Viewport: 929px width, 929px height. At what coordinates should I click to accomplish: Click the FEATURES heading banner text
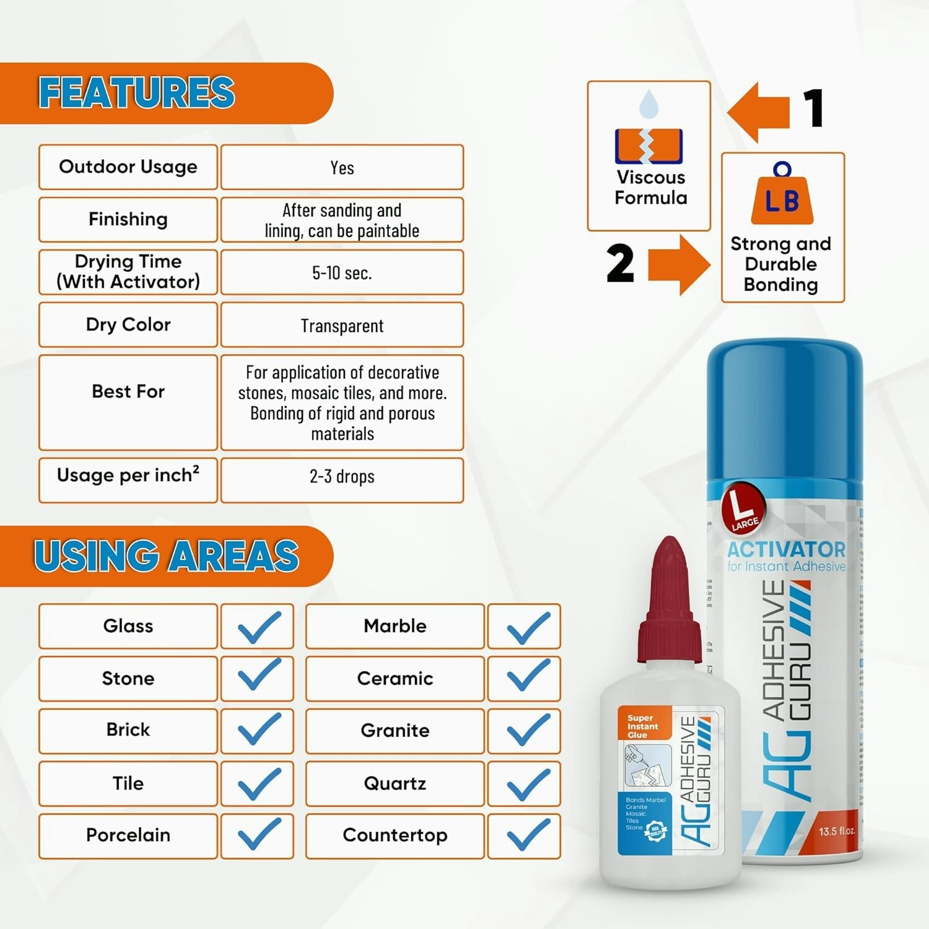[137, 92]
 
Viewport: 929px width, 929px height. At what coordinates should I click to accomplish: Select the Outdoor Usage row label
[128, 167]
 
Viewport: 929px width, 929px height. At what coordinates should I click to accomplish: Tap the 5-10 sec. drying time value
[342, 273]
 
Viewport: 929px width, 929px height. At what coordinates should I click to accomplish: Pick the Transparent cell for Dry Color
[342, 325]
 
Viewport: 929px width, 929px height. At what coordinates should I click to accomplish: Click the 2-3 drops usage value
[342, 476]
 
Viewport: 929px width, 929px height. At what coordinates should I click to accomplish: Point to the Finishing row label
[128, 219]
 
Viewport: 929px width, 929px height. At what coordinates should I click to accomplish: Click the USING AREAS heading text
[167, 556]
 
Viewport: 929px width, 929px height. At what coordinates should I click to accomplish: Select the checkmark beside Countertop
[527, 835]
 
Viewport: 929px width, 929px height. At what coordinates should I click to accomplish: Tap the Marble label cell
[395, 626]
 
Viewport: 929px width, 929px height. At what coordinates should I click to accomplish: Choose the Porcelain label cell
[128, 835]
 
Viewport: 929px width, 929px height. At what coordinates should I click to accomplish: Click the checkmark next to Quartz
[527, 783]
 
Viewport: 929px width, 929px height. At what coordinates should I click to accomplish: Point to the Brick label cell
[128, 730]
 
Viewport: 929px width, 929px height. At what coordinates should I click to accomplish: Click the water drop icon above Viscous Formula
[648, 104]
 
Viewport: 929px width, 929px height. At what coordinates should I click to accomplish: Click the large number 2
[620, 263]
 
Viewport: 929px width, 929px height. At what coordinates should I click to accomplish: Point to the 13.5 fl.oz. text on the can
[836, 831]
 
